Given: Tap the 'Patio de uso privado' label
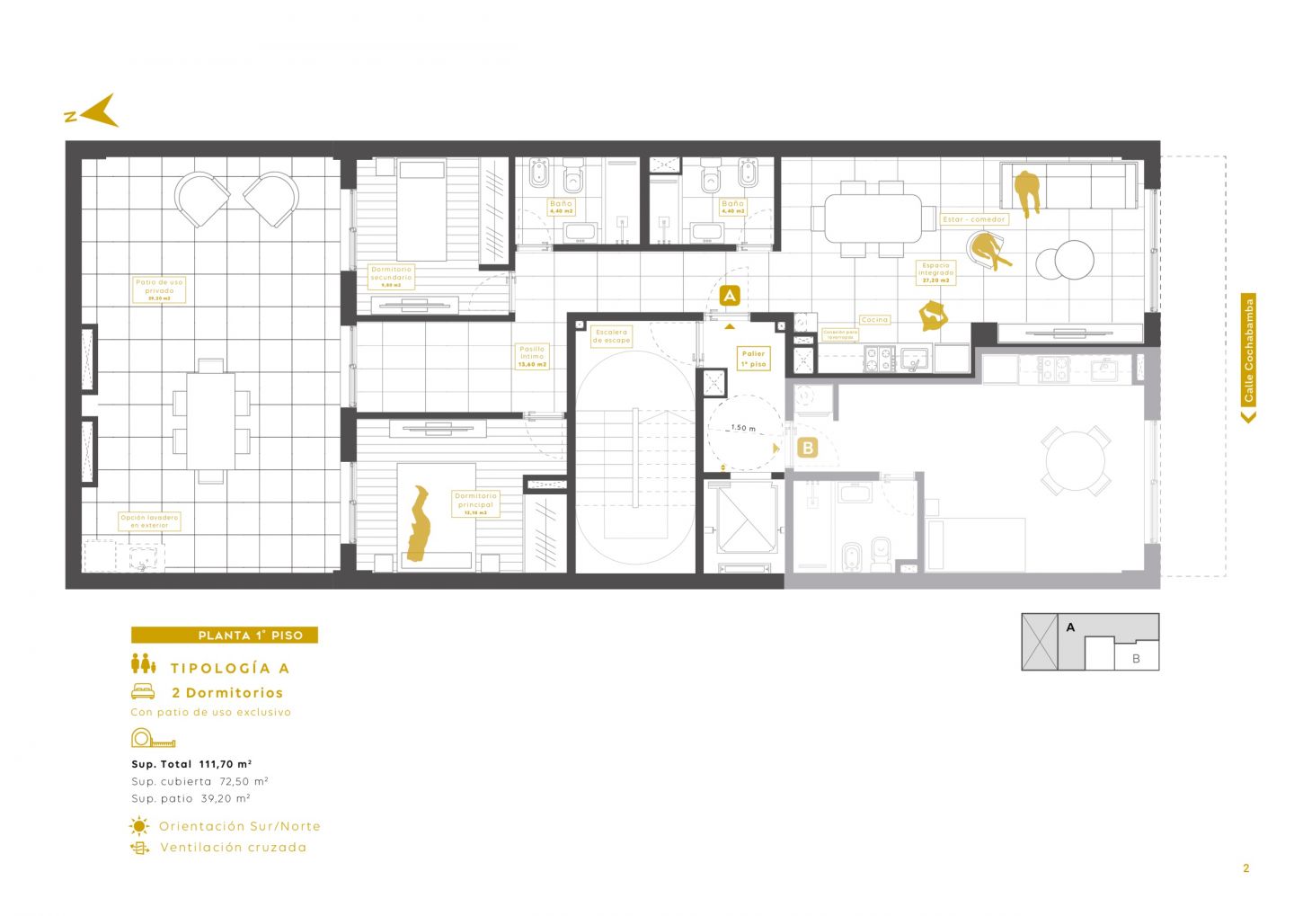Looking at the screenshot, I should point(159,289).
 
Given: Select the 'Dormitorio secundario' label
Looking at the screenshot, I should point(391,276).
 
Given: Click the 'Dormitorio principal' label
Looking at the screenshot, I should point(475,502).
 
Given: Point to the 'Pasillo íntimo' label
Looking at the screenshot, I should point(532,356).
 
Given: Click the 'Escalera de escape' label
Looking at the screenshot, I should point(611,336).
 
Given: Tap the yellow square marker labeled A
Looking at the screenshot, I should point(730,295).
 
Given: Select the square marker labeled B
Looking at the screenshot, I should point(807,447).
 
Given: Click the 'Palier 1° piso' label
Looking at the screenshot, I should point(753,359).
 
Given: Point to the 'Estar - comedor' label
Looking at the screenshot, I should point(974,219).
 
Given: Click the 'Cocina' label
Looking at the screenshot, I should point(873,320).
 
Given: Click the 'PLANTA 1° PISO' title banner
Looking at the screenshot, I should point(225,635).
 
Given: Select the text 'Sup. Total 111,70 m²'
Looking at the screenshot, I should point(191,764).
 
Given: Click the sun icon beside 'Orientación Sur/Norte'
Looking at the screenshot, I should point(139,826).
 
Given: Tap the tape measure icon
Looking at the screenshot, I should point(153,739).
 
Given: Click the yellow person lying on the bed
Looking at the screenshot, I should point(419,523).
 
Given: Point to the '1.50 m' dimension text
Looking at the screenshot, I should point(743,428).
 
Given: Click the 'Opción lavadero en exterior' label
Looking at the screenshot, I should point(149,521).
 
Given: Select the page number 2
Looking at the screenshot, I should point(1245,868).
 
